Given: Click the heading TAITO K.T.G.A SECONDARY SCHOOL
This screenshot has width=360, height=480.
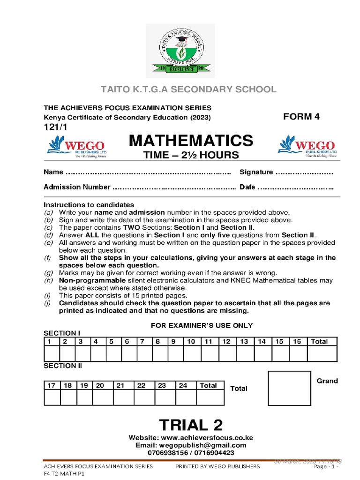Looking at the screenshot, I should [x=180, y=90].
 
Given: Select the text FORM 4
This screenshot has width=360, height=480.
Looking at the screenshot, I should [x=301, y=117].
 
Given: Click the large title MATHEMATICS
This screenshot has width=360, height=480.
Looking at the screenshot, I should [x=190, y=140].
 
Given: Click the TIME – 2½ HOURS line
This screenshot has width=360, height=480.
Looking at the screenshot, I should [x=190, y=155].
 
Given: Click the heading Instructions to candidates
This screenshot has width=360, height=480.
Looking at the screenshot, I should [x=89, y=205].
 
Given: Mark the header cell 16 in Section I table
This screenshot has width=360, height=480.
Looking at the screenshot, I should [x=297, y=342].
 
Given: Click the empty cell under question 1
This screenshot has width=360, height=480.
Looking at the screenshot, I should [x=52, y=354].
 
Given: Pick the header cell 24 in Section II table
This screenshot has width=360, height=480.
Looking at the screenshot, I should [x=183, y=385].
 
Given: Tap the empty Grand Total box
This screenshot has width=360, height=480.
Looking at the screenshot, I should [x=289, y=388].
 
